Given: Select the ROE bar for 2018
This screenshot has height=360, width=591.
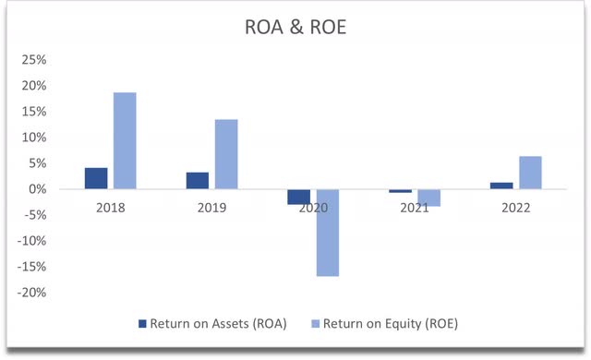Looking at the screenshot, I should pyautogui.click(x=125, y=140).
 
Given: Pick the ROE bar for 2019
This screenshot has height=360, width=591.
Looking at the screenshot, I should pyautogui.click(x=226, y=154).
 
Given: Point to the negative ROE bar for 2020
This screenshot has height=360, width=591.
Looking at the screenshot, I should pyautogui.click(x=328, y=233).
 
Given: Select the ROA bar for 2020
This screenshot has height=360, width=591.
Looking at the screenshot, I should pyautogui.click(x=298, y=197).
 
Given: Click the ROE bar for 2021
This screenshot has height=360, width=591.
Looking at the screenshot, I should pyautogui.click(x=428, y=198).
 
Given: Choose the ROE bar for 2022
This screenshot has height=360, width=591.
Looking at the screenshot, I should pyautogui.click(x=530, y=173).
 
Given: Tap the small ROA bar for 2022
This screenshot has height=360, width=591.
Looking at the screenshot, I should pyautogui.click(x=501, y=186).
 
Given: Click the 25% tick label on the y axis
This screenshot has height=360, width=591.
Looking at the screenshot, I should pyautogui.click(x=34, y=60).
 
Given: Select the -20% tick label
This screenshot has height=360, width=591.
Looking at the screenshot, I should pyautogui.click(x=32, y=293).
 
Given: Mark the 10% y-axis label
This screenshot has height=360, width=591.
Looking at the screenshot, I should pyautogui.click(x=34, y=138).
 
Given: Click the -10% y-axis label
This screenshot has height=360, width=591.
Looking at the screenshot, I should pyautogui.click(x=32, y=241).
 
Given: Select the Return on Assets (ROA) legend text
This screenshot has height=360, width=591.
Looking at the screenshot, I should pyautogui.click(x=219, y=324).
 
